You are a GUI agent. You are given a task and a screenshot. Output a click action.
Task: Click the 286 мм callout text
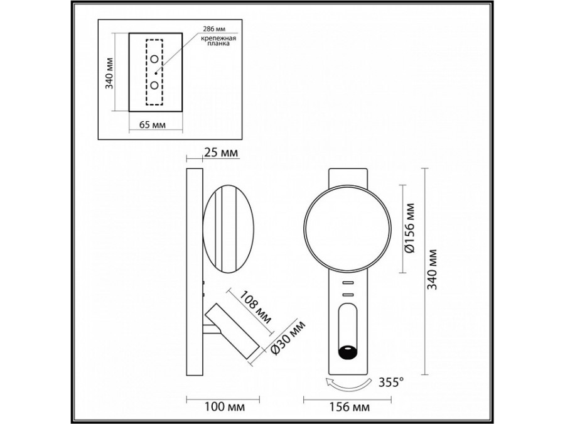(215, 29)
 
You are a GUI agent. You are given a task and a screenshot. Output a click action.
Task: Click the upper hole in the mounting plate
(154, 59)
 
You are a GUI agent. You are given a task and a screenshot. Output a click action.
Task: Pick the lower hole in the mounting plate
(154, 85)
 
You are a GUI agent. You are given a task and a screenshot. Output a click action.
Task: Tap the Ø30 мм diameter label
(288, 339)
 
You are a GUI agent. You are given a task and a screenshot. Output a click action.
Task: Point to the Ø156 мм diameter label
(410, 228)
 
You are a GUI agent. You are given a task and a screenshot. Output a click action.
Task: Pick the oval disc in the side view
(227, 228)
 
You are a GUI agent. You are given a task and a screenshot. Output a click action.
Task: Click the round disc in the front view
(347, 228)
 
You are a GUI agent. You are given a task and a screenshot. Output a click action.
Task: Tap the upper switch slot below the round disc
(347, 283)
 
